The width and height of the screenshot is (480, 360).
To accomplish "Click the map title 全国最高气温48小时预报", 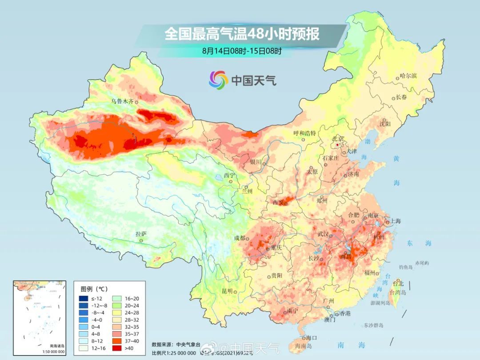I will coord(242,34).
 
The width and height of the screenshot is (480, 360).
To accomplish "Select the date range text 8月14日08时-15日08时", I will coord(242,51).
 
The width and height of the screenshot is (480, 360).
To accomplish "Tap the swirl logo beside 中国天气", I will coord(218,80).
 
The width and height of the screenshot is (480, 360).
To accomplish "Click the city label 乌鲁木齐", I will coord(122,101).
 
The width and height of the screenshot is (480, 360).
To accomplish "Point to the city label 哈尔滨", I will coord(408,76).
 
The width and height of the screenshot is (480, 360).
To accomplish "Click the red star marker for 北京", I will coord(338,145).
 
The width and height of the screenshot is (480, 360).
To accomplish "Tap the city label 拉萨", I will coord(141,234).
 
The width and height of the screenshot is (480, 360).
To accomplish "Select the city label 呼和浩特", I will coord(304,133).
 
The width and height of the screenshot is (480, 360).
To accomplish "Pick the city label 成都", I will coord(240,238).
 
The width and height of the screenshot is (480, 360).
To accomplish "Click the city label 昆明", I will coord(227,291).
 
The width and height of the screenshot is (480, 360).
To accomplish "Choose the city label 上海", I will coord(395,221).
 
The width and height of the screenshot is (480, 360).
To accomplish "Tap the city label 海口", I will coord(312,338).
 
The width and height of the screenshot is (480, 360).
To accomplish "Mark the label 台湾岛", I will coord(398,292).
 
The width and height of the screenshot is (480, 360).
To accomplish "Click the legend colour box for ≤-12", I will coord(84,298).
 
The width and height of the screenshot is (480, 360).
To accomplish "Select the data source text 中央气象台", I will coord(187,344).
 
